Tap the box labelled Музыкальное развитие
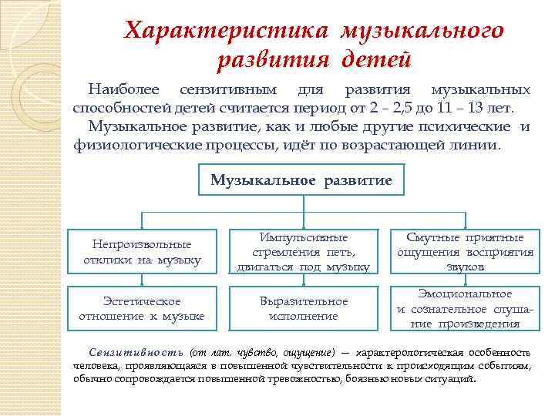click(x=301, y=180)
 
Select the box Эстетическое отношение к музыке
click(x=142, y=308)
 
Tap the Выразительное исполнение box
click(x=303, y=308)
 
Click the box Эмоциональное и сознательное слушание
click(x=465, y=308)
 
